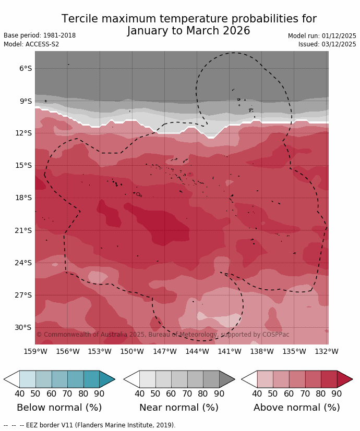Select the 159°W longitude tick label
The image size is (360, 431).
[x=35, y=351]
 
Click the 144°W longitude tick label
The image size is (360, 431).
[x=197, y=351]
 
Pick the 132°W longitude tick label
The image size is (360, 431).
[x=327, y=351]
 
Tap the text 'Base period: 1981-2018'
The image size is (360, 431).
[x=40, y=35]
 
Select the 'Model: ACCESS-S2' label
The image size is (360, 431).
[x=31, y=44]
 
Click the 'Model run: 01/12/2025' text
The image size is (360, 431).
[x=322, y=36]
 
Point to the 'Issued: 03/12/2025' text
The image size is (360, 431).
[x=327, y=44]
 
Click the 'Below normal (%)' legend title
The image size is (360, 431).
[x=59, y=408]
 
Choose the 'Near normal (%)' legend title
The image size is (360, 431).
[x=179, y=408]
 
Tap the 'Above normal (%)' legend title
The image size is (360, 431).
[x=296, y=408]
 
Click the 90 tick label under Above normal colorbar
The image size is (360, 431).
[x=337, y=394]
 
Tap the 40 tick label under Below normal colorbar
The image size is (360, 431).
[x=20, y=394]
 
